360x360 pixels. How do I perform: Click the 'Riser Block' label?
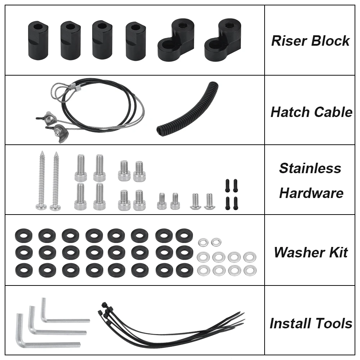310,41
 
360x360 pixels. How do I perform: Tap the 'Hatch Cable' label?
311,112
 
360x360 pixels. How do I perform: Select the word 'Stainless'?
310,168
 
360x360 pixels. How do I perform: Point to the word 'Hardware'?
311,193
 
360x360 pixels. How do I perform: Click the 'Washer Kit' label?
311,252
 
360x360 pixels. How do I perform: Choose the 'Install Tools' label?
311,323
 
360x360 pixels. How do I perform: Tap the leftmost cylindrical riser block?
38,41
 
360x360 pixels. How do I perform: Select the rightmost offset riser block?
223,40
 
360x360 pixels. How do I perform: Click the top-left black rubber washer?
24,236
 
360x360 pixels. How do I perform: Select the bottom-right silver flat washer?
250,270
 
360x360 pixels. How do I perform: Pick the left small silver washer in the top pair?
203,242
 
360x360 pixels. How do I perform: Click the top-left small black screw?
228,186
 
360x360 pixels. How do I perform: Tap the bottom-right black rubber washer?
184,270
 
